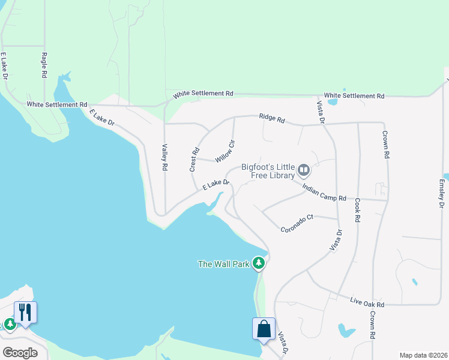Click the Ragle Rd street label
pyautogui.click(x=44, y=65)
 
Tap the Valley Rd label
pyautogui.click(x=164, y=158)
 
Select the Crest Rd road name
pyautogui.click(x=194, y=160)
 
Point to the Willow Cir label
pyautogui.click(x=224, y=151)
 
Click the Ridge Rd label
pyautogui.click(x=272, y=118)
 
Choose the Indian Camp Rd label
pyautogui.click(x=325, y=193)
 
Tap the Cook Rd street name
pyautogui.click(x=357, y=211)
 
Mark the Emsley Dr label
pyautogui.click(x=441, y=193)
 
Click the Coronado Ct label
pyautogui.click(x=297, y=223)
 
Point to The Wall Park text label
pyautogui.click(x=224, y=263)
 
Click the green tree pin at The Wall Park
pyautogui.click(x=259, y=263)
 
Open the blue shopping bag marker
pyautogui.click(x=264, y=329)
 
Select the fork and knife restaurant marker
pyautogui.click(x=25, y=313)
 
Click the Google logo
pyautogui.click(x=20, y=352)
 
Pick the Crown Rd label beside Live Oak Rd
pyautogui.click(x=373, y=325)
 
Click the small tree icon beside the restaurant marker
pyautogui.click(x=10, y=325)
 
